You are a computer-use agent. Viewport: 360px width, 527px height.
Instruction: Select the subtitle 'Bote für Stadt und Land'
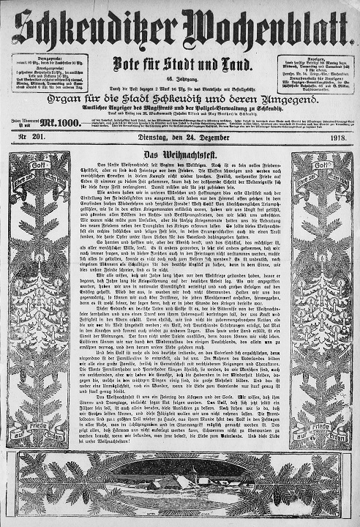(179, 62)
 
